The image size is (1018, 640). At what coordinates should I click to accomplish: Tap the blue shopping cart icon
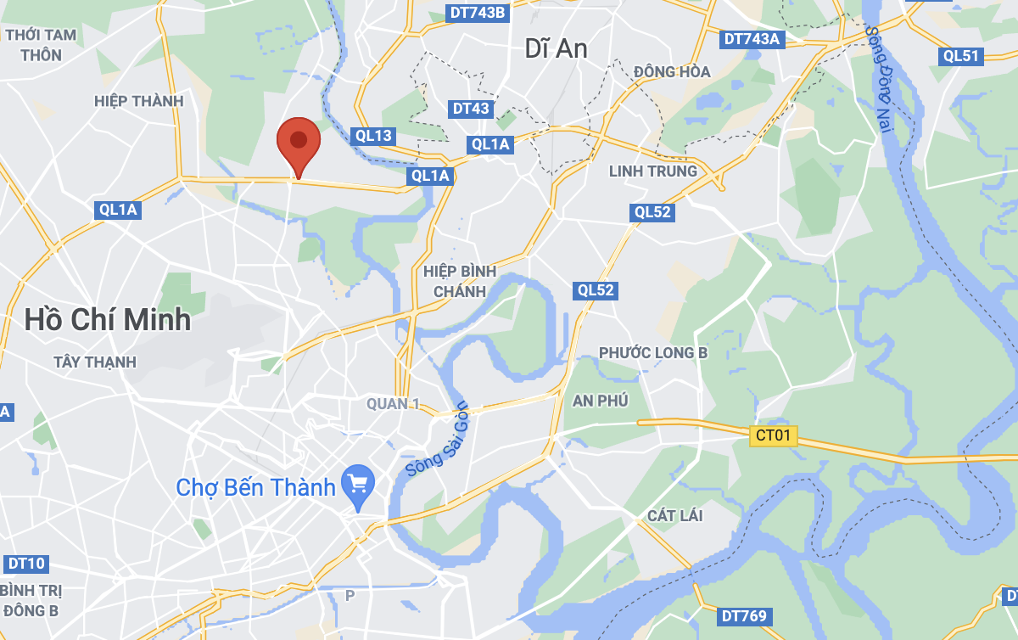tap(358, 484)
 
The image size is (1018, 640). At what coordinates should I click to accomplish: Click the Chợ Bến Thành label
tap(255, 487)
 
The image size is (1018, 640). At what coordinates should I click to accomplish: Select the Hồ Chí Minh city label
tap(108, 320)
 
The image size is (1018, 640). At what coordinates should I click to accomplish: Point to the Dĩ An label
tap(556, 48)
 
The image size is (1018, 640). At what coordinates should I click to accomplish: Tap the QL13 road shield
tap(373, 136)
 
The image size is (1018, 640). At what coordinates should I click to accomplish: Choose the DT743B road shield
tap(477, 14)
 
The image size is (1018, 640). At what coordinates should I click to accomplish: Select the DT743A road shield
tap(752, 39)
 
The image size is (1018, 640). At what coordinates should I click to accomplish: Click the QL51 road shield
tap(961, 56)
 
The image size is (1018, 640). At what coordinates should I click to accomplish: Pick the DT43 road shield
tap(471, 109)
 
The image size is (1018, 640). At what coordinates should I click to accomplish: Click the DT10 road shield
tap(25, 563)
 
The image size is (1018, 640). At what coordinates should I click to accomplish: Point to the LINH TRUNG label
tap(653, 171)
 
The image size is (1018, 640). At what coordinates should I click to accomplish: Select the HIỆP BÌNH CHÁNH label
tap(460, 281)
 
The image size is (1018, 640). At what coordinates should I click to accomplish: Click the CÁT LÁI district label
tap(674, 515)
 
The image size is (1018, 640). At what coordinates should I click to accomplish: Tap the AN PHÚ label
tap(601, 401)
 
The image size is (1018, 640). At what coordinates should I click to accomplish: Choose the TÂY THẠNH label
tap(95, 362)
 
